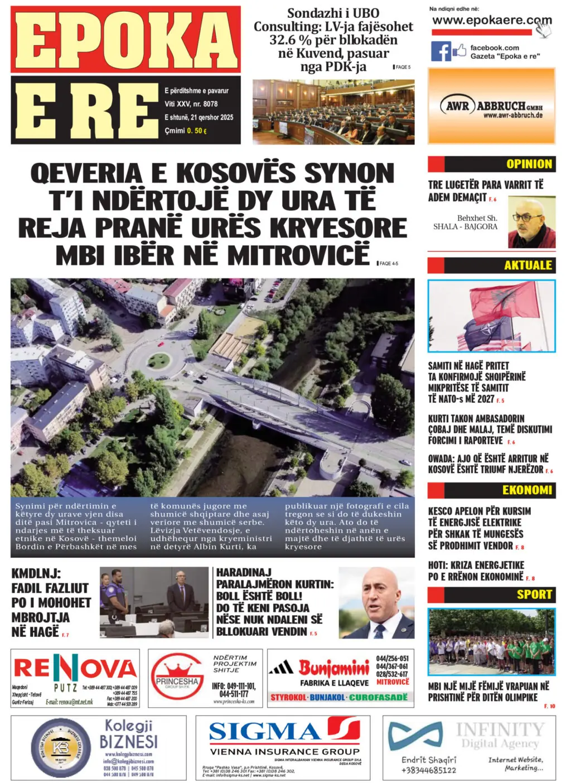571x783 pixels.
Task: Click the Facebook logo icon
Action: pyautogui.click(x=441, y=51)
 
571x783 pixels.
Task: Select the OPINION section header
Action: pyautogui.click(x=529, y=164)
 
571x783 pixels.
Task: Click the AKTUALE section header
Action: pyautogui.click(x=528, y=265)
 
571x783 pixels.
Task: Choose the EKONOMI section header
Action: pyautogui.click(x=526, y=490)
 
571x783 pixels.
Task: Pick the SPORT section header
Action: pyautogui.click(x=534, y=594)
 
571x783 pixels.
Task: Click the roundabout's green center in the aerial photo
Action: pyautogui.click(x=158, y=360)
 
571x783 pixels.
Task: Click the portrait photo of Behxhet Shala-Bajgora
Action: pyautogui.click(x=531, y=222)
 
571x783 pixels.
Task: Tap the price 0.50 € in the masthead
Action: pyautogui.click(x=196, y=131)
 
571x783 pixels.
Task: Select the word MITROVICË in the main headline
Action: pyautogui.click(x=298, y=255)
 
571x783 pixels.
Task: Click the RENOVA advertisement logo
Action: pyautogui.click(x=75, y=668)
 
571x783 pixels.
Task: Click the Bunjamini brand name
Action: pyautogui.click(x=333, y=667)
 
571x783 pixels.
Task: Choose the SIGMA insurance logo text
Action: pyautogui.click(x=265, y=731)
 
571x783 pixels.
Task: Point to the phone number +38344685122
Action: pyautogui.click(x=429, y=770)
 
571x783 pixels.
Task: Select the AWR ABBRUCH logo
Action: pyautogui.click(x=492, y=107)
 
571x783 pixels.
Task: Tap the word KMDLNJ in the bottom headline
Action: pyautogui.click(x=36, y=573)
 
